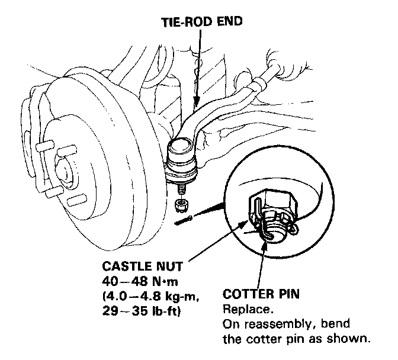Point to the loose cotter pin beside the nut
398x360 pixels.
click(x=185, y=220)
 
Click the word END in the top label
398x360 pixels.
click(x=229, y=22)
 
